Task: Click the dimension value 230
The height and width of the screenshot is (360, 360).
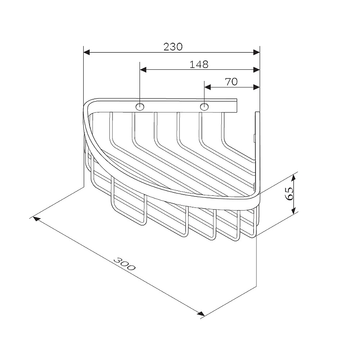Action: (x=173, y=47)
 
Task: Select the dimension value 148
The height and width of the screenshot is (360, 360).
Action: (x=199, y=64)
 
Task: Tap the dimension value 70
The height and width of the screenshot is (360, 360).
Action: (x=231, y=82)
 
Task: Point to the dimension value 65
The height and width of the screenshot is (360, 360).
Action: (x=289, y=193)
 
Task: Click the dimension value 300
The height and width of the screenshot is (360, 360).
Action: (x=125, y=264)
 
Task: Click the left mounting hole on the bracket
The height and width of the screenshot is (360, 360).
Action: (x=140, y=107)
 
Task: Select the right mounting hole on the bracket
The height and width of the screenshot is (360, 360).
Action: (x=204, y=107)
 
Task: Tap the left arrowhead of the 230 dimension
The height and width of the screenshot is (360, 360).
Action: (x=86, y=52)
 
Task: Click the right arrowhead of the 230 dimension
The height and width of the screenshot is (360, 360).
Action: (x=256, y=52)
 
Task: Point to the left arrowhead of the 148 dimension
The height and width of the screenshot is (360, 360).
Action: (x=143, y=70)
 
